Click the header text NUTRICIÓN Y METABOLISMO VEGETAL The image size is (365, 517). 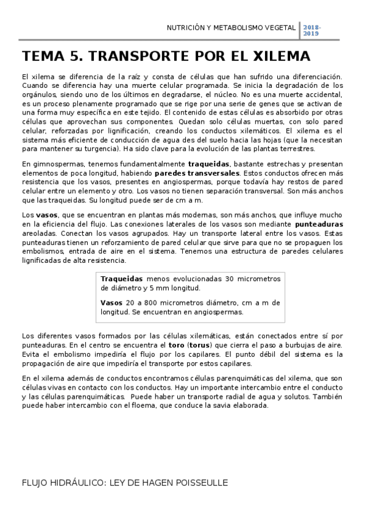(x=232, y=28)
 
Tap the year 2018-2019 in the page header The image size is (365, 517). (x=312, y=32)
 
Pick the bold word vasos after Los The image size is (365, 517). (x=46, y=215)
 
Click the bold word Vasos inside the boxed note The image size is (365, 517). (x=110, y=302)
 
